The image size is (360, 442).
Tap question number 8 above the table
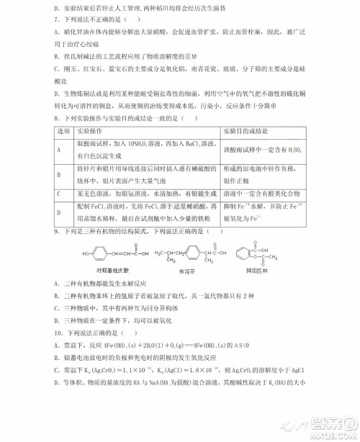58,118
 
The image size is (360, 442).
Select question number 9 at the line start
57,232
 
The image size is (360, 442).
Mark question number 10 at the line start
59,334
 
